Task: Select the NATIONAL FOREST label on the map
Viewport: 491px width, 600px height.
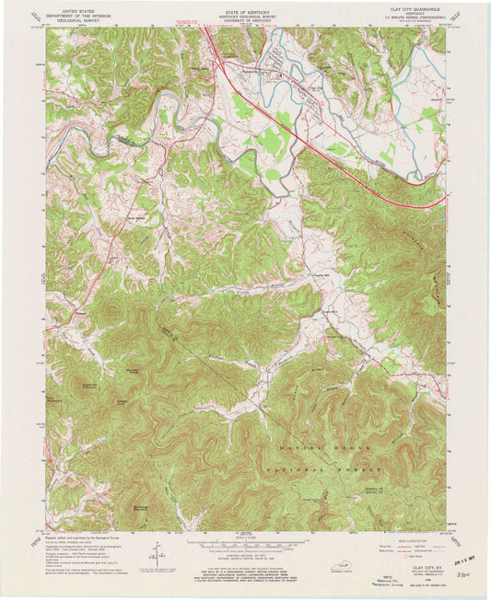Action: [x=319, y=468]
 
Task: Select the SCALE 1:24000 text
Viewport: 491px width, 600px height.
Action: [x=243, y=537]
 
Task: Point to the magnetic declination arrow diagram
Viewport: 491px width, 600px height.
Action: [x=158, y=551]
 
